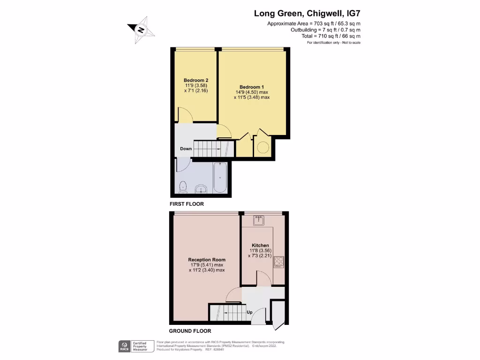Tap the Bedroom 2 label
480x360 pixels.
coord(196,80)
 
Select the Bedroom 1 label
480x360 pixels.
coord(252,87)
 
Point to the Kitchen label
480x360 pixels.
coord(260,245)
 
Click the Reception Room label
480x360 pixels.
coord(207,260)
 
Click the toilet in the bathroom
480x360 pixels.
coord(183,188)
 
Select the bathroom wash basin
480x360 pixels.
coord(202,189)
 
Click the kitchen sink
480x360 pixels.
coord(258,219)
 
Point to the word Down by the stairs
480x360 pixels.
coord(186,149)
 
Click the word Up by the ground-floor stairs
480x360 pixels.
coord(249,312)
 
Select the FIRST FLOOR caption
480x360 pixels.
coord(187,204)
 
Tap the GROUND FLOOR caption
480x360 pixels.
coord(190,330)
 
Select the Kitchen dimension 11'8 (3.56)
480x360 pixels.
coord(260,251)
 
